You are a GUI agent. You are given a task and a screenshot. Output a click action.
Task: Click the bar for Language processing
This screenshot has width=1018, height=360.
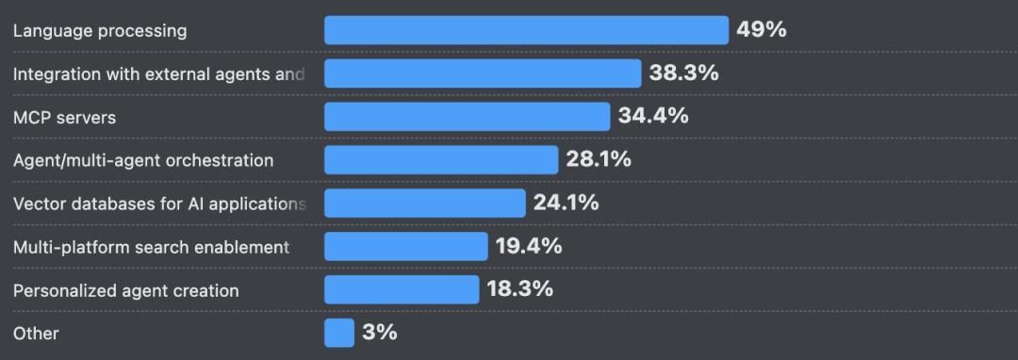point(526,30)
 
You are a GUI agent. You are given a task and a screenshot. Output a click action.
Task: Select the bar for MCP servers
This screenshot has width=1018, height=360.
point(467,117)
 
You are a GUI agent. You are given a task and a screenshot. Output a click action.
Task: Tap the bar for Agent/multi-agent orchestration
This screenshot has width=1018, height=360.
point(441,160)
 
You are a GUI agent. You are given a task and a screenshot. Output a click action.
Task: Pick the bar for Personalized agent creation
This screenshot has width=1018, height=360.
point(402,290)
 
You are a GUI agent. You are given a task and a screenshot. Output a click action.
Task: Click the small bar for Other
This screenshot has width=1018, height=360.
point(339,334)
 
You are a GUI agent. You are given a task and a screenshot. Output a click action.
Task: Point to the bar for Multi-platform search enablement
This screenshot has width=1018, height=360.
point(406,247)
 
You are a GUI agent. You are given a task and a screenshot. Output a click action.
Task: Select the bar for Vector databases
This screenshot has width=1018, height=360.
point(425,204)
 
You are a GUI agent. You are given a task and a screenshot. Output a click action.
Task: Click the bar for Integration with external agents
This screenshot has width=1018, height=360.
point(483,74)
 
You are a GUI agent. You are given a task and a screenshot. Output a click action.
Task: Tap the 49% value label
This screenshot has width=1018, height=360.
point(761,29)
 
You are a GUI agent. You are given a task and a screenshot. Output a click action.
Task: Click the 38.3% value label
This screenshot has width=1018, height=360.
point(683,73)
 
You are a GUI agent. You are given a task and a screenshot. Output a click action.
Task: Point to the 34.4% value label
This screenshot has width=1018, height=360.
point(653,116)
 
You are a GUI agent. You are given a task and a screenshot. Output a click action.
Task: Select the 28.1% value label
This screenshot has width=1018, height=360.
point(599,159)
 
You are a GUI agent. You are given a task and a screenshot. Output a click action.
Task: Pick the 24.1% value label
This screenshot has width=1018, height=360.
point(566,203)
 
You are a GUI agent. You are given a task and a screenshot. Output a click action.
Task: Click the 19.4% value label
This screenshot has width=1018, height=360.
point(528,246)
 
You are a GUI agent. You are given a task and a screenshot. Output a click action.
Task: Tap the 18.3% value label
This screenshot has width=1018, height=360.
point(519,289)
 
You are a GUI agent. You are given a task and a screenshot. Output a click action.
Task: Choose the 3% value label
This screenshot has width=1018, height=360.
point(379,333)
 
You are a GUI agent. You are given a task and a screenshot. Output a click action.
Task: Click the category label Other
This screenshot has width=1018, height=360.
point(36,334)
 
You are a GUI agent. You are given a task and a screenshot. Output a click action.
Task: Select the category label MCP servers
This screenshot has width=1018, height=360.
point(64,118)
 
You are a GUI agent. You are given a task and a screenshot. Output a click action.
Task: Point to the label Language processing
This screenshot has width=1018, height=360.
point(100,31)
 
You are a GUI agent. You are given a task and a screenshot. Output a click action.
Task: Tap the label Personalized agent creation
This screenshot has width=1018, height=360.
point(125,291)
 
